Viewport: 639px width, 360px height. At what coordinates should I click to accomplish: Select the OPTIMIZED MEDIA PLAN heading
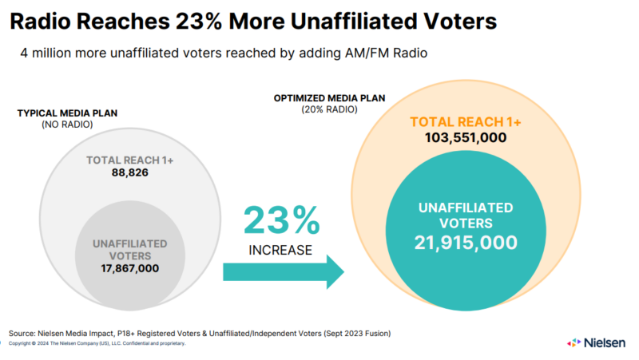click(x=329, y=98)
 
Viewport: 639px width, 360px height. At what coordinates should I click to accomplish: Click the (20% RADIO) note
click(x=329, y=110)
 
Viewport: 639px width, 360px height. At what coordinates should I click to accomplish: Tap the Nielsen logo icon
click(x=574, y=342)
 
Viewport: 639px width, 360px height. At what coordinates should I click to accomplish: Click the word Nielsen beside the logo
click(x=605, y=342)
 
